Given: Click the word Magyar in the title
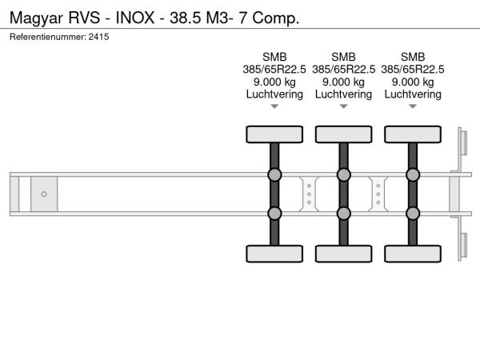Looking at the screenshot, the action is pos(36,18).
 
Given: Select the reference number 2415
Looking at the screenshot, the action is pos(98,37).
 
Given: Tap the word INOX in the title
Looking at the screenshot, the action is pos(135,18).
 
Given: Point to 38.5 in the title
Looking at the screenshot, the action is pos(186,18).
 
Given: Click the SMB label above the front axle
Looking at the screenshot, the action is pos(274,57).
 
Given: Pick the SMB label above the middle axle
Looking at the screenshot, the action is pos(343,57).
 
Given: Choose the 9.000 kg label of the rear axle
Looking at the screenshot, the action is pos(413,82).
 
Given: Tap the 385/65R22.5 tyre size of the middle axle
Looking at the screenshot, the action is pos(343,70).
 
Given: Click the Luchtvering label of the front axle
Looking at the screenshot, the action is pos(274,94).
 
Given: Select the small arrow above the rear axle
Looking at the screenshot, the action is pos(413,106).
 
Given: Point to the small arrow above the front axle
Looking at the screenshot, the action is pos(274,106).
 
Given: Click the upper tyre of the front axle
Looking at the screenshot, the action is pos(274,134).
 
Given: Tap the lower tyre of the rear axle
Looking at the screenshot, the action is pos(413,254).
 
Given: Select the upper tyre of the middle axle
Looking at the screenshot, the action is pos(343,134).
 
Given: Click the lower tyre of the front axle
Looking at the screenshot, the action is pos(274,254).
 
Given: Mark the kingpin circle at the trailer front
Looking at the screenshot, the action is pos(44,194).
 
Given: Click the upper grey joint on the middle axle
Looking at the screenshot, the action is pos(343,174).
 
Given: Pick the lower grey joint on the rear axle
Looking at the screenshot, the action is pos(413,214).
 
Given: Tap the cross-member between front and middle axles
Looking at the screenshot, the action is pos(309,194).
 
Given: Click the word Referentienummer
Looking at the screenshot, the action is pos(48,37).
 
